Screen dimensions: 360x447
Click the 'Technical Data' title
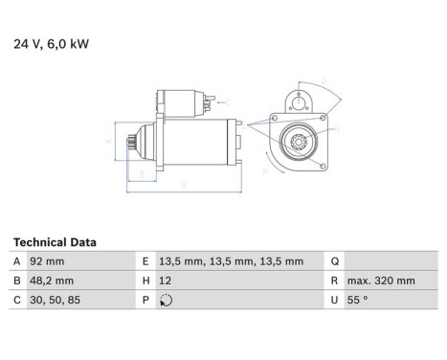(x=55, y=243)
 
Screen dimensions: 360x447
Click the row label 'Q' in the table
(x=334, y=260)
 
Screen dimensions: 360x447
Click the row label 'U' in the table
(x=334, y=301)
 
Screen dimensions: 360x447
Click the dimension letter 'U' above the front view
(x=325, y=80)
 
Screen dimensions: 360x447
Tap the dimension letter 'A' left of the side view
(x=107, y=140)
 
